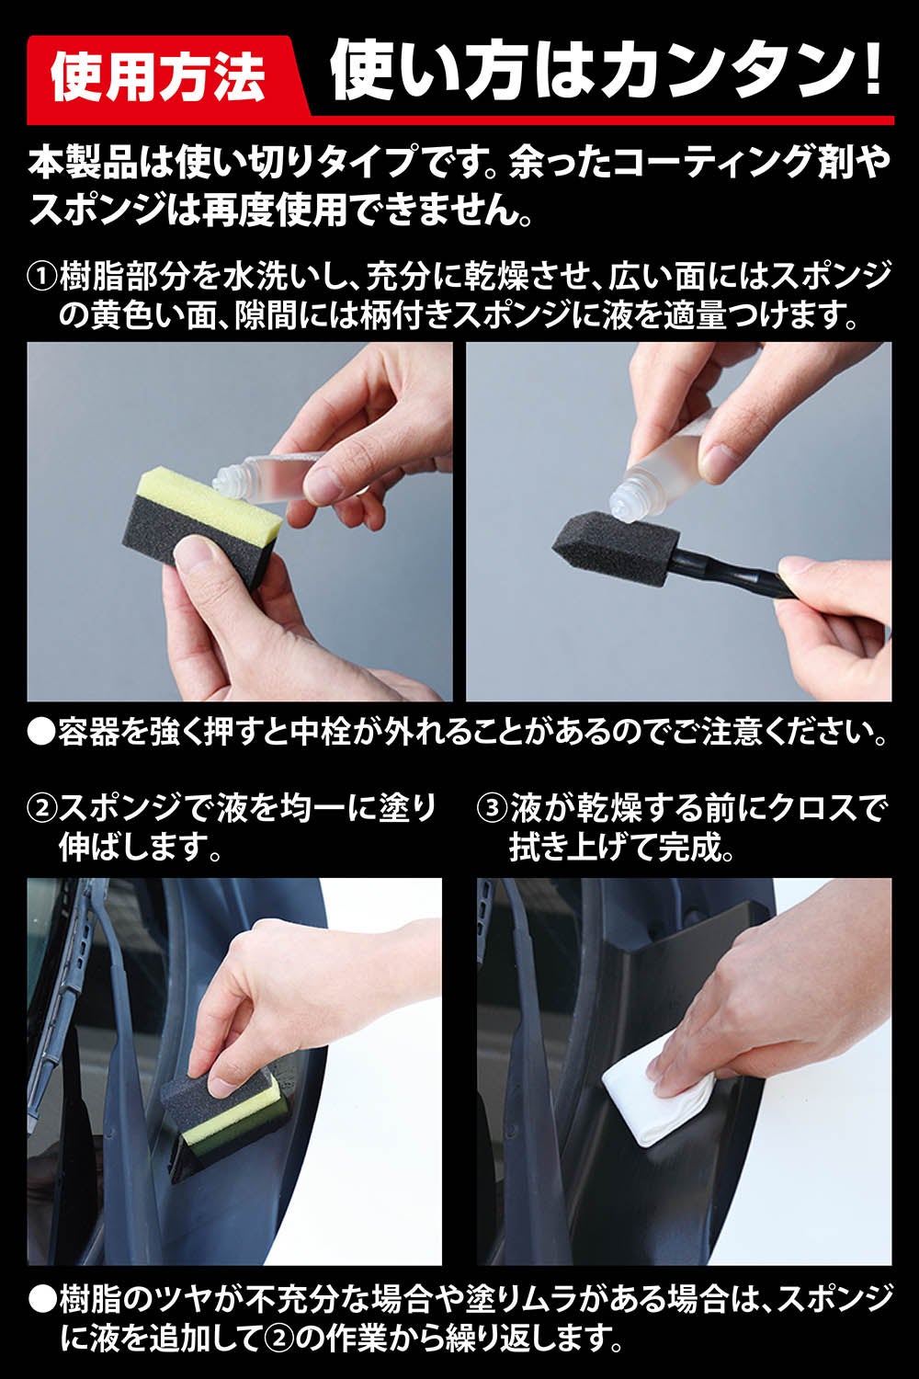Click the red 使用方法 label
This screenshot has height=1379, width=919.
tap(159, 77)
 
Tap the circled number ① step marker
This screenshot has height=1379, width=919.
tap(42, 278)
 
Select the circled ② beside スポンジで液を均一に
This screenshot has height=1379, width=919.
tap(42, 807)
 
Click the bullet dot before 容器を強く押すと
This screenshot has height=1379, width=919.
tap(42, 734)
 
